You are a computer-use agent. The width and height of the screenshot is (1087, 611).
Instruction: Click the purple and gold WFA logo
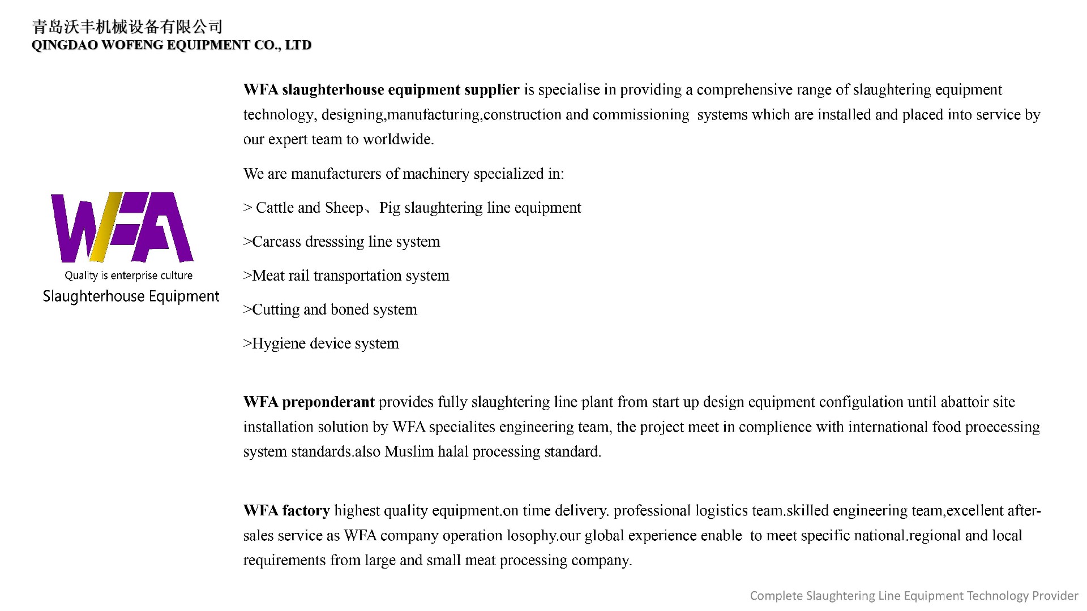point(122,227)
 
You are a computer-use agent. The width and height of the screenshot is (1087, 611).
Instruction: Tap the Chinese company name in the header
point(127,27)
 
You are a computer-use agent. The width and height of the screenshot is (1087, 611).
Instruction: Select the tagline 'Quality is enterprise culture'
point(129,276)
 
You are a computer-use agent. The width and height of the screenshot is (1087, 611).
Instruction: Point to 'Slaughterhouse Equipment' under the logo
point(131,296)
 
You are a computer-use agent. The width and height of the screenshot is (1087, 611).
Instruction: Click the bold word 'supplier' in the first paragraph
point(491,90)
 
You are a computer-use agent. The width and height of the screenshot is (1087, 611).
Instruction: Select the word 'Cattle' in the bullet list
point(275,208)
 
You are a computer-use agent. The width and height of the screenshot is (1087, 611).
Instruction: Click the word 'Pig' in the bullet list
point(390,208)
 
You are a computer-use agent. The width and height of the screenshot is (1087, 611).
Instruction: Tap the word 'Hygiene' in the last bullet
point(279,344)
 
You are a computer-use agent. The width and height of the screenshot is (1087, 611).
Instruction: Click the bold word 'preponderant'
point(328,402)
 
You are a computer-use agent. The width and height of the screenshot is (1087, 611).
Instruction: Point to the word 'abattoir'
point(962,402)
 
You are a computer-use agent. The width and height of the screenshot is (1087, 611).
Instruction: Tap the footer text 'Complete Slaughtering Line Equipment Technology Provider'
point(914,596)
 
